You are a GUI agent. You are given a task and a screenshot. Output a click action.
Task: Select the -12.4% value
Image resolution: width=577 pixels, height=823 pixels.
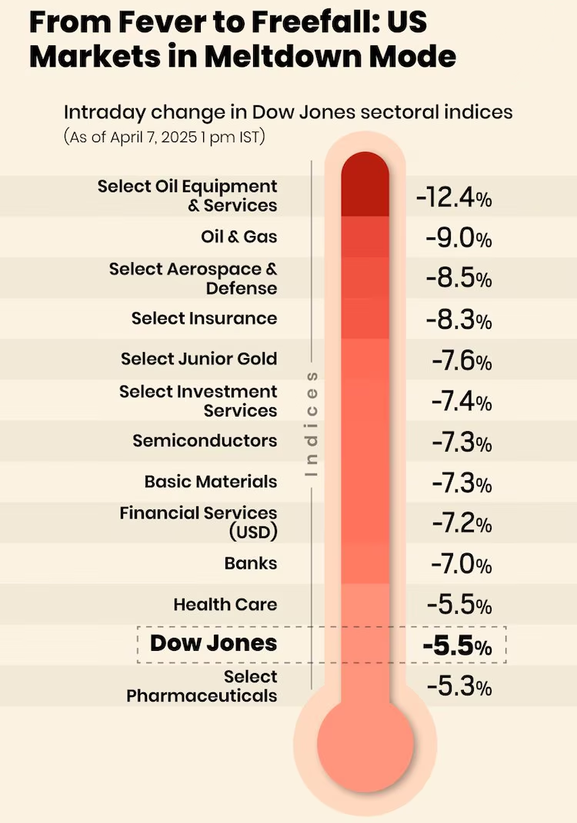454,198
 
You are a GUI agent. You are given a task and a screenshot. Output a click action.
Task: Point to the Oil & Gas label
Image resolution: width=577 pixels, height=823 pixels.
238,237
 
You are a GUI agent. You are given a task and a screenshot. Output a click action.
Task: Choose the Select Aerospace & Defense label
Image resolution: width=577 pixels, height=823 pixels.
193,278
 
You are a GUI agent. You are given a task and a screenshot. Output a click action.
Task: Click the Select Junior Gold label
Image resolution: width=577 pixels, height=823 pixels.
198,359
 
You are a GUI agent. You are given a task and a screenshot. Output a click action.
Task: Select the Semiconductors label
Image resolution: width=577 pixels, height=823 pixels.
205,441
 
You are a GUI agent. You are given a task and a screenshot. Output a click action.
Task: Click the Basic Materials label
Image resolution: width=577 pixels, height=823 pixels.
211,482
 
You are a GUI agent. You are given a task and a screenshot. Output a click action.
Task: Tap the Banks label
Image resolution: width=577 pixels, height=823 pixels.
251,563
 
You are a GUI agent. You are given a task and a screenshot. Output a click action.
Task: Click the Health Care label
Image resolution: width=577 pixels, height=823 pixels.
225,605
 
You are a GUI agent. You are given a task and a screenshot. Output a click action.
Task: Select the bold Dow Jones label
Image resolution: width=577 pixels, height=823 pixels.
213,643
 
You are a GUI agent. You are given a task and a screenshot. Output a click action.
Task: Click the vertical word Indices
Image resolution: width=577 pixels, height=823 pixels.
312,424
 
